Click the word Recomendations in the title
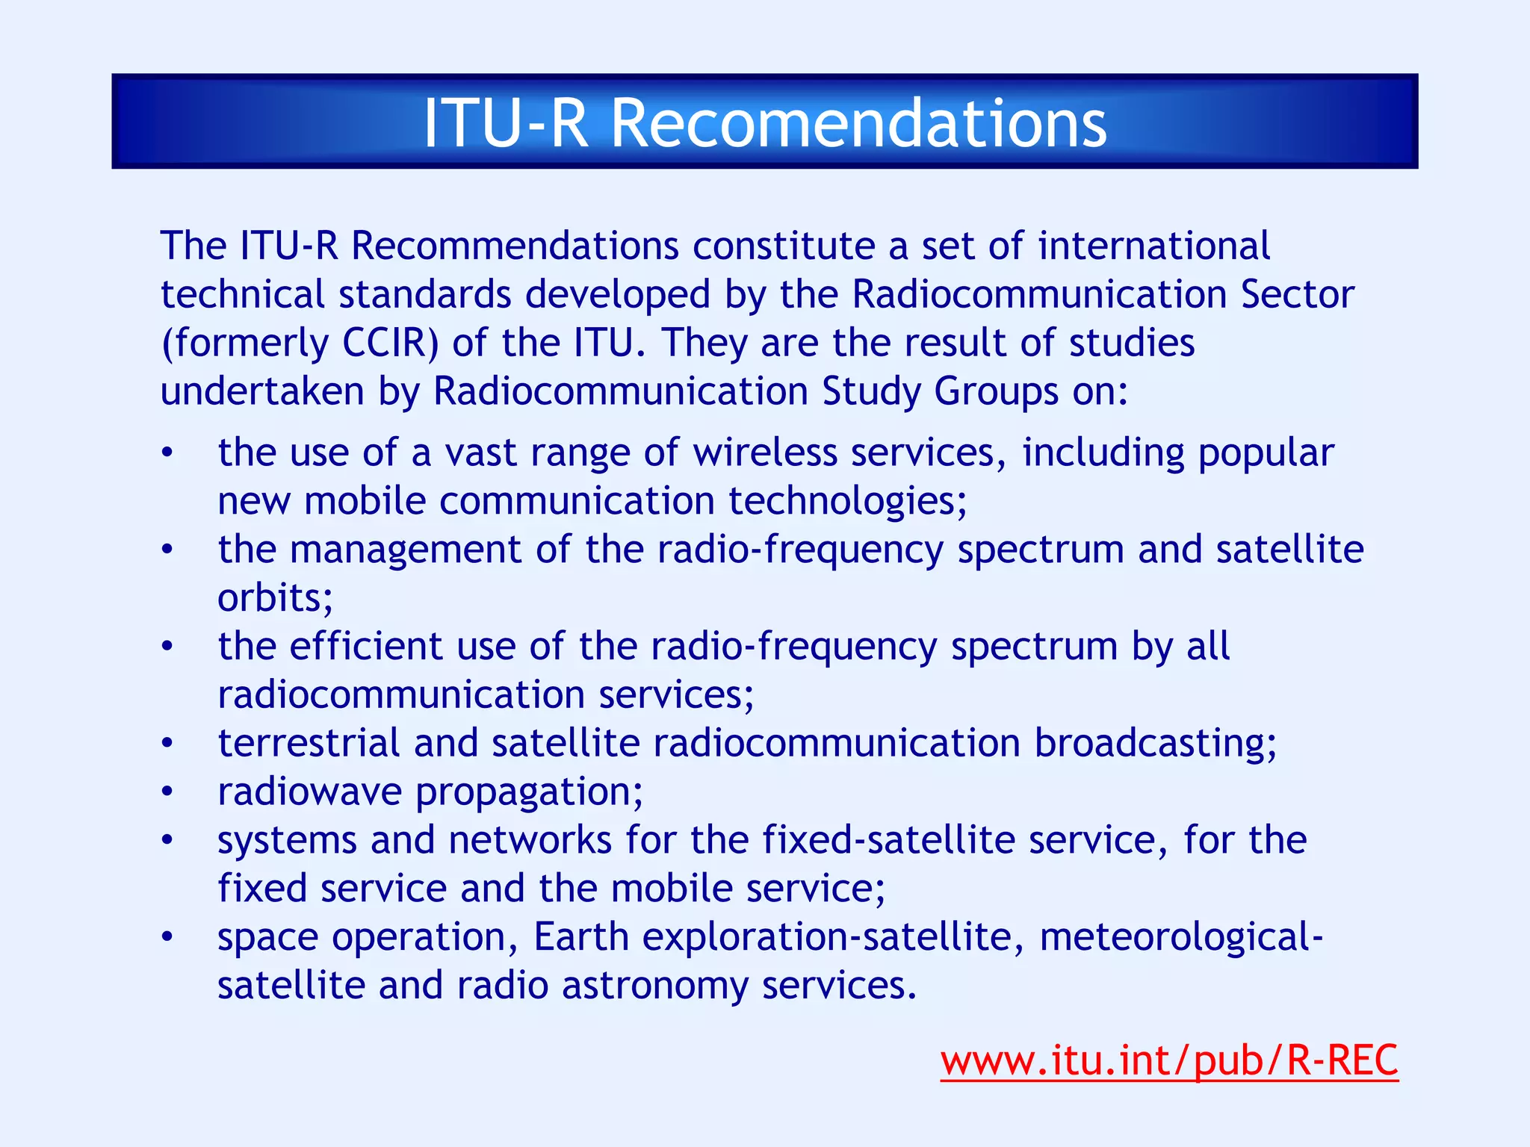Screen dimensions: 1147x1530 coord(858,123)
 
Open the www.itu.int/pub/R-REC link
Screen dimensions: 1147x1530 coord(1168,1060)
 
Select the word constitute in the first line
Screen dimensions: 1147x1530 coord(784,246)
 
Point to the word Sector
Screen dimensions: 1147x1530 coord(1297,294)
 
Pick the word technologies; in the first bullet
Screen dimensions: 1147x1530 coord(847,501)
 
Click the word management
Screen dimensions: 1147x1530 coord(406,550)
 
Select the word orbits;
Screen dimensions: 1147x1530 coord(275,598)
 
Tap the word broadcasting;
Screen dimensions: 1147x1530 coord(1156,743)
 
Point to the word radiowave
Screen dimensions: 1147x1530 coord(309,792)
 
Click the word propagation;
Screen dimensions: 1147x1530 coord(529,792)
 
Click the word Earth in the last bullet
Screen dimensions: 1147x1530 coord(581,937)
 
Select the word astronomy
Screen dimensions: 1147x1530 coord(654,986)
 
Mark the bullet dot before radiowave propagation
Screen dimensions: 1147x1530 coord(167,792)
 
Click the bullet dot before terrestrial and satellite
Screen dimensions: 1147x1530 coord(167,744)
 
